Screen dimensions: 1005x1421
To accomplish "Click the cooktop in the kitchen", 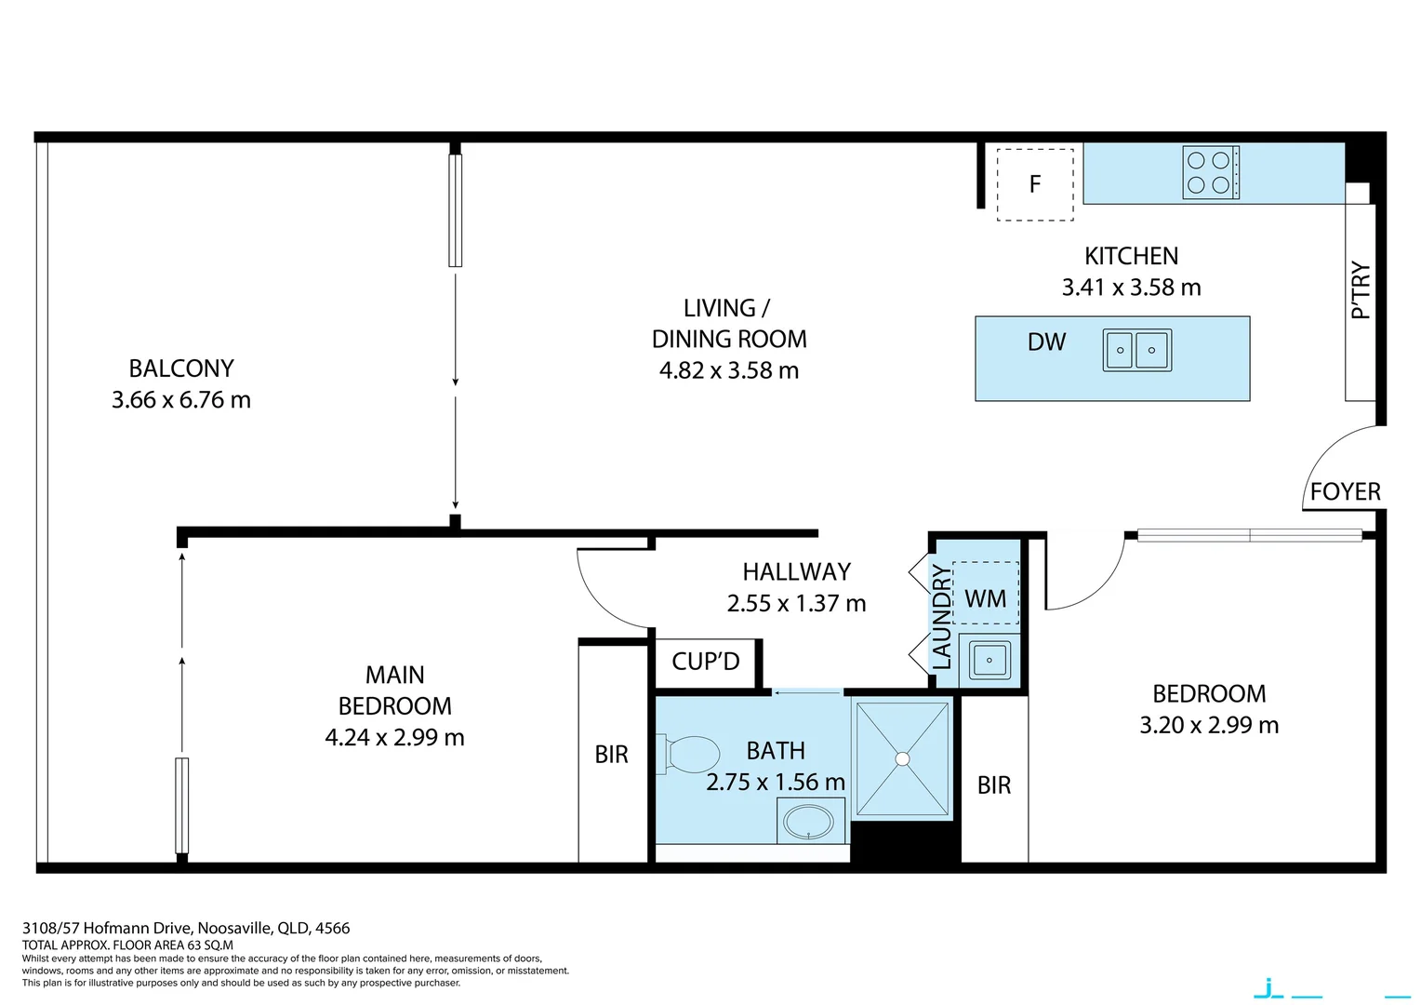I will pyautogui.click(x=1210, y=172).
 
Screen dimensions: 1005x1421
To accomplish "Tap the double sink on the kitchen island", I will pyautogui.click(x=1136, y=351).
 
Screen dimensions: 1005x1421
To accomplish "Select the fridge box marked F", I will pyautogui.click(x=1035, y=184).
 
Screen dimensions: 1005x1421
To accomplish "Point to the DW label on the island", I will pyautogui.click(x=1046, y=342).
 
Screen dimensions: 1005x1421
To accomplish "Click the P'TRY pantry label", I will pyautogui.click(x=1361, y=290).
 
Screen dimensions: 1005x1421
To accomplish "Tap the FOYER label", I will pyautogui.click(x=1345, y=492).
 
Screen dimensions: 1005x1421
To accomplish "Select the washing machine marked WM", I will pyautogui.click(x=986, y=598).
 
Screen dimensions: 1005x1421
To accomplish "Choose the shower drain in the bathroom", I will pyautogui.click(x=902, y=759).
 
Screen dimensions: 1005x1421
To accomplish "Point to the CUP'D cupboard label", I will pyautogui.click(x=706, y=662).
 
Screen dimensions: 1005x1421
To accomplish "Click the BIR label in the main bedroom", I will pyautogui.click(x=611, y=755).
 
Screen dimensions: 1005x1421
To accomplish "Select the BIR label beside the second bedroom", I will pyautogui.click(x=993, y=785).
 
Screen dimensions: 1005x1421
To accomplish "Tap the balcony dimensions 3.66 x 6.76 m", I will pyautogui.click(x=181, y=400).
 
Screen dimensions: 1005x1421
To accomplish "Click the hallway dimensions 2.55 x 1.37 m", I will pyautogui.click(x=796, y=604).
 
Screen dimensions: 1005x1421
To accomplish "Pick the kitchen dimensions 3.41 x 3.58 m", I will pyautogui.click(x=1131, y=288).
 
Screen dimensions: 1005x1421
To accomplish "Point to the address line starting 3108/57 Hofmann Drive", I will pyautogui.click(x=186, y=928).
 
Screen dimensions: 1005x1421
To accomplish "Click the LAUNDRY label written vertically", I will pyautogui.click(x=941, y=617).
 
